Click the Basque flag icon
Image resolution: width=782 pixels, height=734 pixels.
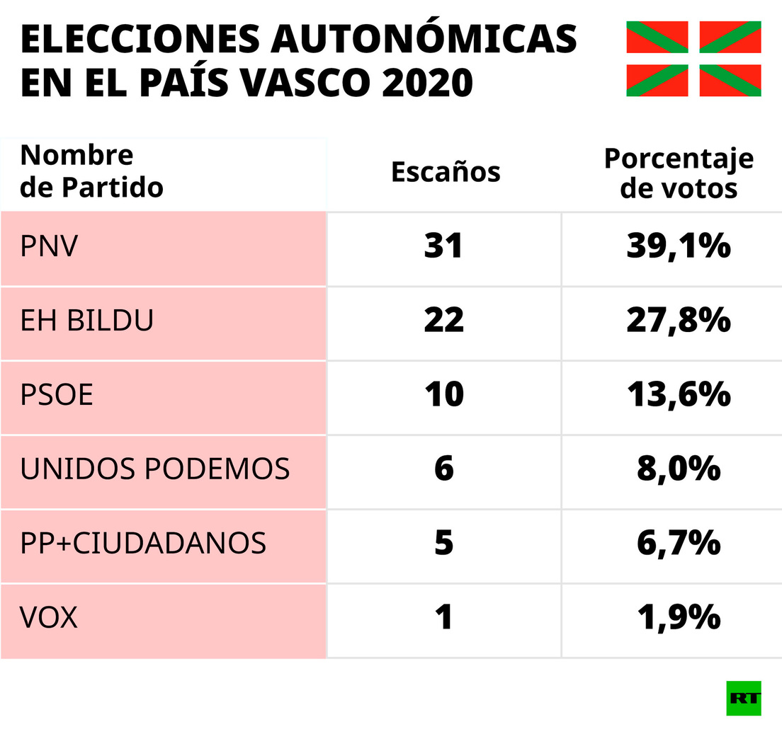693,59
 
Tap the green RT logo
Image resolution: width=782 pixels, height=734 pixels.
743,698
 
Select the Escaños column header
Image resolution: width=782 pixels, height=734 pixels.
446,172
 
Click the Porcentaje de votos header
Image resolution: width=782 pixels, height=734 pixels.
678,173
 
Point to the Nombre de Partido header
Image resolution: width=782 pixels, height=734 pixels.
91,171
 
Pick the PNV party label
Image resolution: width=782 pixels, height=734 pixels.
49,247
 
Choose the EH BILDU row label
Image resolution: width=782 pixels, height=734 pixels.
86,321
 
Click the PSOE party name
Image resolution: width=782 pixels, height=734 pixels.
57,395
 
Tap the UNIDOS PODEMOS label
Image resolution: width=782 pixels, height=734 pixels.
154,469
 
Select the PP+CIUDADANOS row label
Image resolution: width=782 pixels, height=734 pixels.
143,544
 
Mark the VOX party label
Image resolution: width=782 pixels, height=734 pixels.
48,619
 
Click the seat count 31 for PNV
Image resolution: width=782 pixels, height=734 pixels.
443,246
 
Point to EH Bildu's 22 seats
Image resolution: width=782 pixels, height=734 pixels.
443,321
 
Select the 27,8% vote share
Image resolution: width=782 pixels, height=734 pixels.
678,321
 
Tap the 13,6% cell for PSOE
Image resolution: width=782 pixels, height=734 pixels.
678,395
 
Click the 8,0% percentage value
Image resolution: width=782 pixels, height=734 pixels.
678,469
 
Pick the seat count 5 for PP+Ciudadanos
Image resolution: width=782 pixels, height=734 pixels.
443,544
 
